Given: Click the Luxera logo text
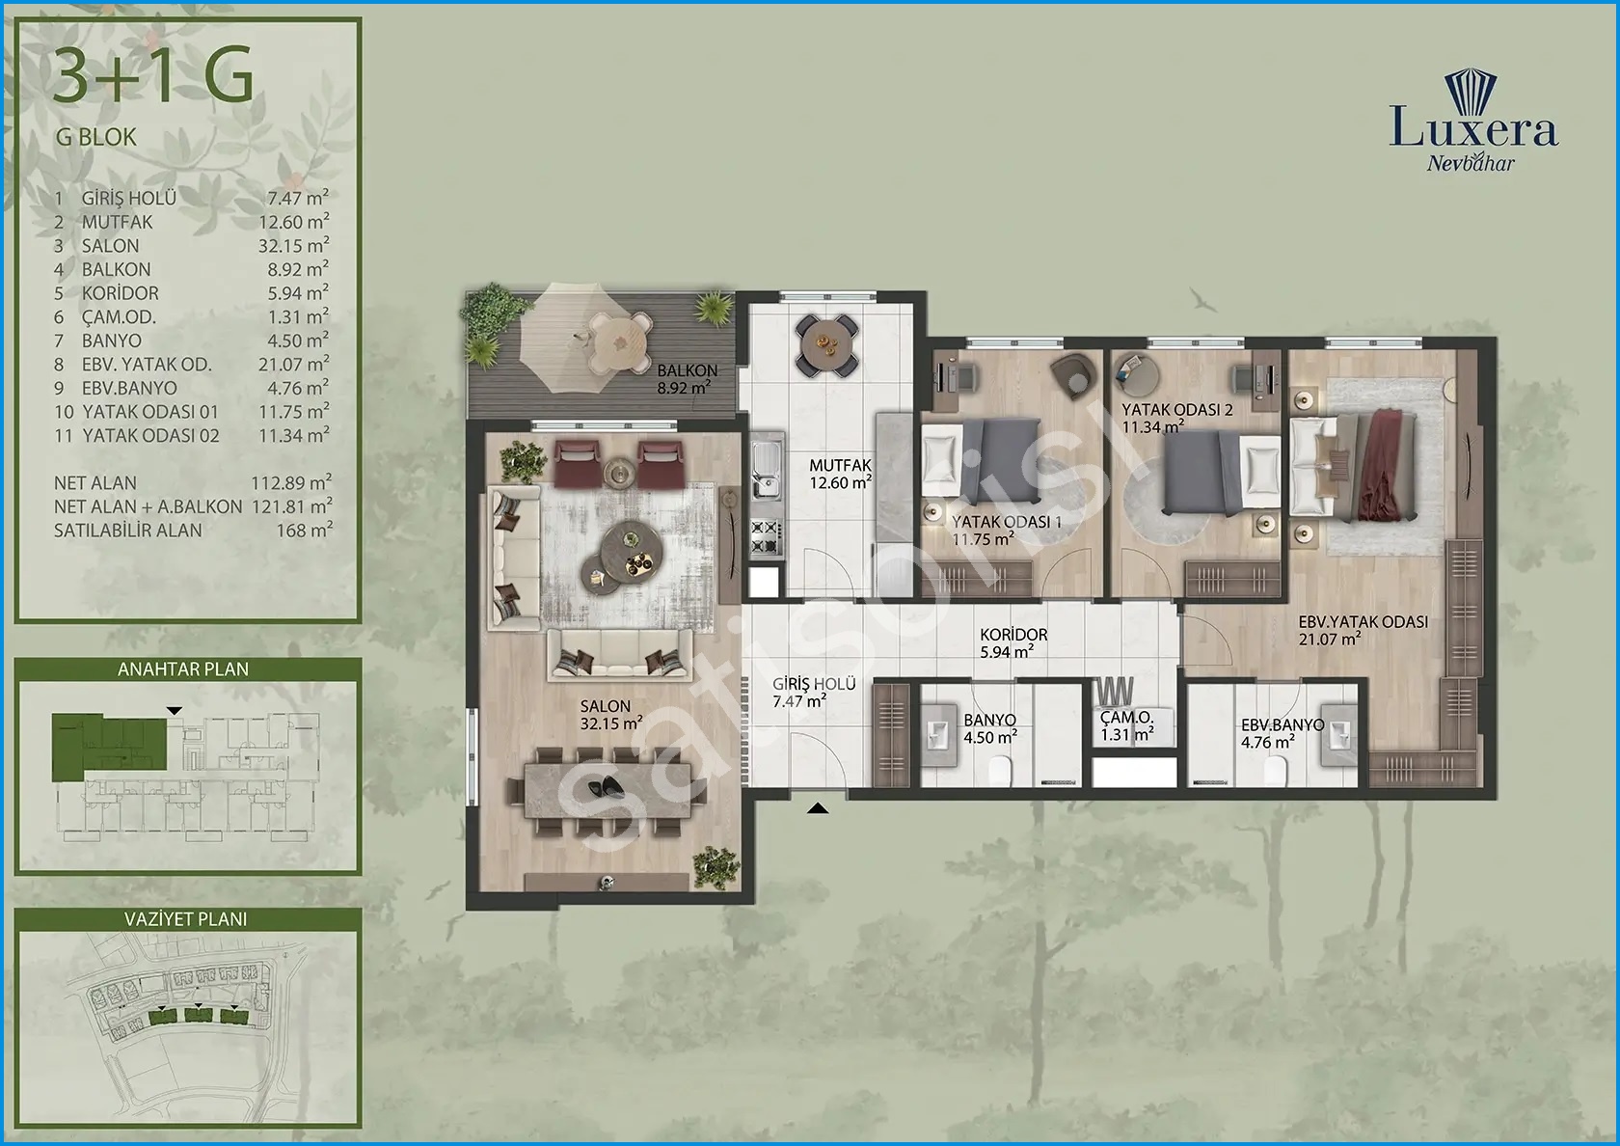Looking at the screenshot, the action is tap(1473, 130).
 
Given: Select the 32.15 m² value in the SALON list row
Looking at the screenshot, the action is tap(293, 245).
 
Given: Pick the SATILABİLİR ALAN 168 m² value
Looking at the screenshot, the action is tap(305, 530).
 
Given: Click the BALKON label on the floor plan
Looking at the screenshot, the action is tap(687, 370).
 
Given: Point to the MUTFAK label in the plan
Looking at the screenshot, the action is tap(841, 465).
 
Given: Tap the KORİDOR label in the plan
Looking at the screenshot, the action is tap(1013, 635).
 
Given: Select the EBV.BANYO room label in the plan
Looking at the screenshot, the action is tap(1282, 725).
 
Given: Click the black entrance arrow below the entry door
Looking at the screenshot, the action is tap(818, 808).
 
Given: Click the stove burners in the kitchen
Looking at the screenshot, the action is tap(767, 536).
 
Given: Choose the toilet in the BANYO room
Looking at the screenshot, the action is tap(1000, 771).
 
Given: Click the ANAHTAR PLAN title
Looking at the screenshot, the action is tap(183, 669).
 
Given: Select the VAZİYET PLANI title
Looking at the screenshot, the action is tap(186, 918).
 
